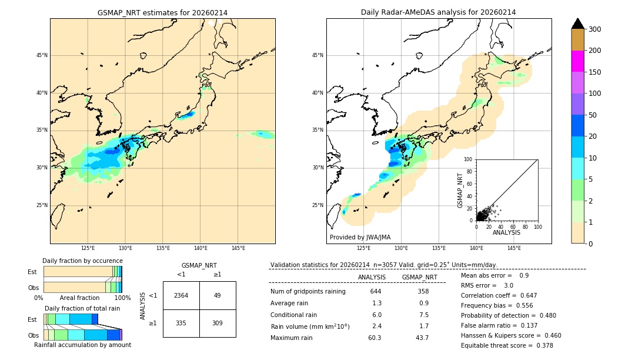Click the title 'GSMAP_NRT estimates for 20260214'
[162, 12]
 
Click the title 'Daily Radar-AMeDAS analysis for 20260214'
[438, 12]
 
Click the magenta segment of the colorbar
[577, 61]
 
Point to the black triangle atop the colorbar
[577, 24]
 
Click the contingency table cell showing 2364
[181, 295]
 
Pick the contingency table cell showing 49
[218, 295]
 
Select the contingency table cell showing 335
[181, 323]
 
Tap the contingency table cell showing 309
[218, 323]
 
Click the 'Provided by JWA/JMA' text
[360, 238]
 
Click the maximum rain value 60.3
[375, 338]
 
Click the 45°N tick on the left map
[42, 55]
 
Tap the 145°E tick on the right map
[514, 248]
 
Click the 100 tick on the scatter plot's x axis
[537, 226]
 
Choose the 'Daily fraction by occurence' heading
[82, 261]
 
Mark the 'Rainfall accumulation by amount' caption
[82, 345]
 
